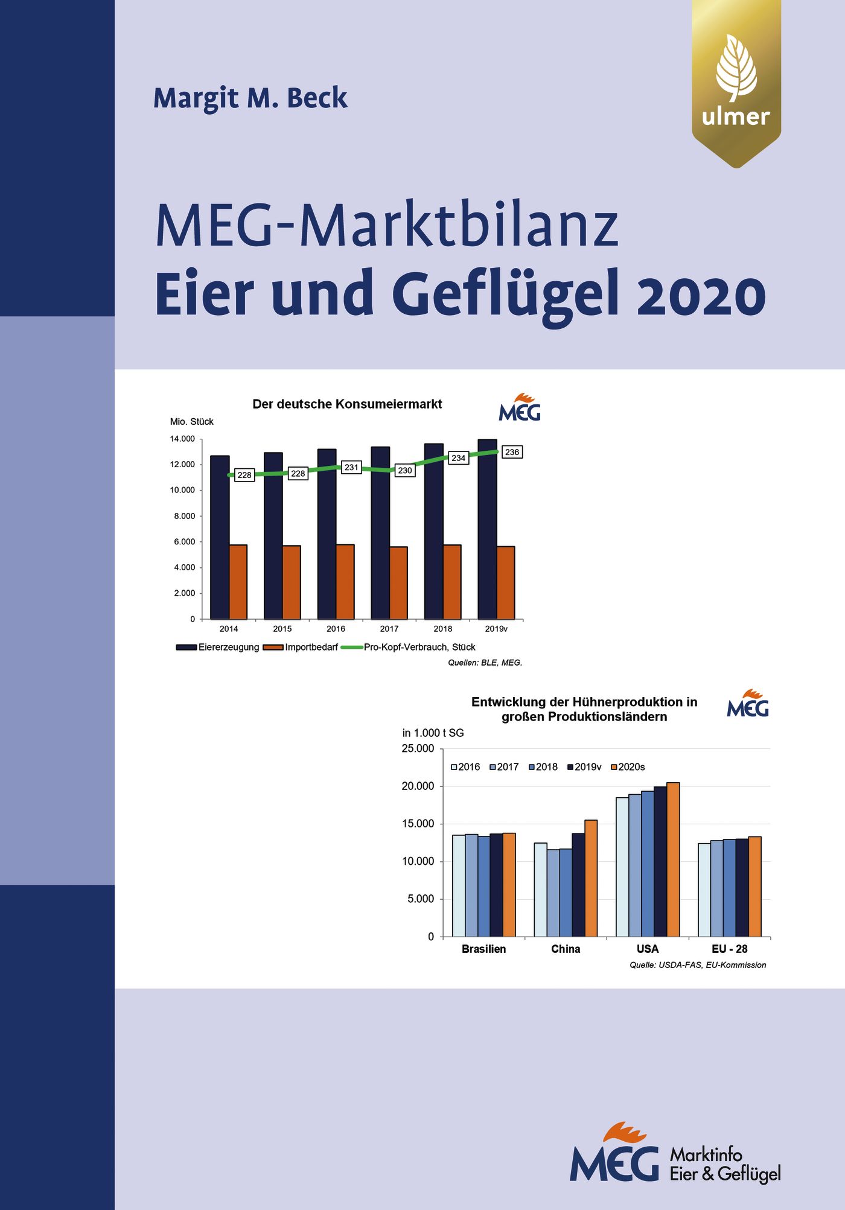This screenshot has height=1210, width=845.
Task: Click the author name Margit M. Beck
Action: click(x=250, y=98)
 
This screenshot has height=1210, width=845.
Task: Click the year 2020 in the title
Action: click(x=701, y=296)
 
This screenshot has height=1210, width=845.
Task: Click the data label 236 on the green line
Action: click(x=512, y=452)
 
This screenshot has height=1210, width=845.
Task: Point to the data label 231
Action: click(x=351, y=467)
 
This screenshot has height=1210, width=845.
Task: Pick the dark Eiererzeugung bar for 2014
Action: click(x=220, y=537)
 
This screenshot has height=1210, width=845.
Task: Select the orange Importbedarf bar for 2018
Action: click(x=452, y=582)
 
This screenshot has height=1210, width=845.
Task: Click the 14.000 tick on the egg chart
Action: click(x=182, y=439)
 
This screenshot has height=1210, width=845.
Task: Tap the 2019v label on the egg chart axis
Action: click(x=496, y=629)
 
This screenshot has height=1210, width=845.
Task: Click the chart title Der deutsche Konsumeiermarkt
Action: click(x=347, y=404)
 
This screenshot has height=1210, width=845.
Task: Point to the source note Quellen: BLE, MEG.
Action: click(x=485, y=663)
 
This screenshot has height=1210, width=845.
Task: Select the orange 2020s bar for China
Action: click(x=591, y=878)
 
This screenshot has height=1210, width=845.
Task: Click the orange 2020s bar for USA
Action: click(x=673, y=859)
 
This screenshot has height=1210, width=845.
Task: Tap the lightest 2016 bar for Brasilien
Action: click(x=458, y=885)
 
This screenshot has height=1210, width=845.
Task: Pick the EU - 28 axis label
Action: click(x=729, y=949)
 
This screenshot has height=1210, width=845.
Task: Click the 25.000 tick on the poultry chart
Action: click(x=418, y=749)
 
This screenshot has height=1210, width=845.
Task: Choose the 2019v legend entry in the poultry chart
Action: click(x=584, y=767)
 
